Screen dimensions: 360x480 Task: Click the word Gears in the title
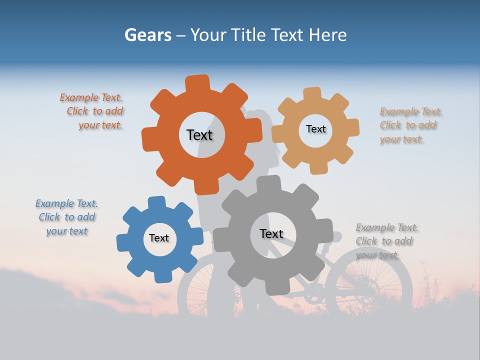click(x=147, y=35)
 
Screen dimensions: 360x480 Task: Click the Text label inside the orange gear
click(x=199, y=135)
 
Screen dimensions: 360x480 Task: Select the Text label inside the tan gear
click(x=315, y=129)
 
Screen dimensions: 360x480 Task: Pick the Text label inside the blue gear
click(x=159, y=238)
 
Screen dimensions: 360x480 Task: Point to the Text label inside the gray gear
click(x=271, y=233)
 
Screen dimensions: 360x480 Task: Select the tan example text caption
click(x=410, y=125)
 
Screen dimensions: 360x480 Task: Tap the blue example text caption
click(x=66, y=217)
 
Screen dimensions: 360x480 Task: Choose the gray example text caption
click(x=386, y=241)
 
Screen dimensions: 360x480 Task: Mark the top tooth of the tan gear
click(x=312, y=93)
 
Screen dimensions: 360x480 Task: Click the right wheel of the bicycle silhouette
click(x=369, y=285)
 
